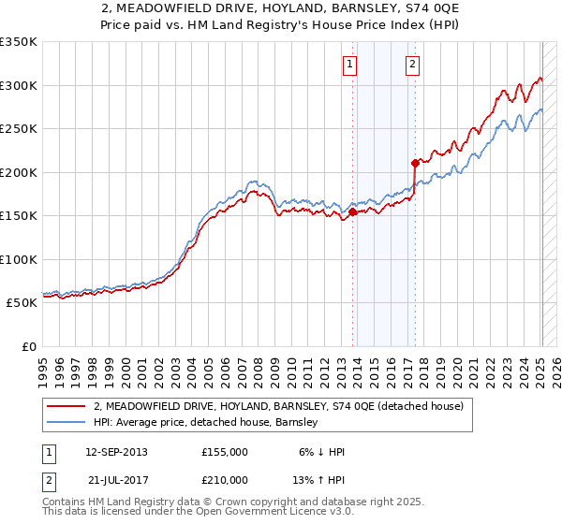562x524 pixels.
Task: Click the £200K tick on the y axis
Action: tap(19, 172)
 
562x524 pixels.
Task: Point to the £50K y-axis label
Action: tap(22, 303)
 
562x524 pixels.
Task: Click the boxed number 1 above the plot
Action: tap(349, 65)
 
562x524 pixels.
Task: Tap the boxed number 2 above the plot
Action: tap(412, 65)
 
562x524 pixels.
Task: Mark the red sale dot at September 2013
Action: tap(352, 212)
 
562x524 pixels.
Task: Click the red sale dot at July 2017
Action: tap(415, 163)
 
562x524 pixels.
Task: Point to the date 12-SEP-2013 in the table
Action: tap(116, 452)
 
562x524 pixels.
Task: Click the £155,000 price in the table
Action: tap(225, 452)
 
